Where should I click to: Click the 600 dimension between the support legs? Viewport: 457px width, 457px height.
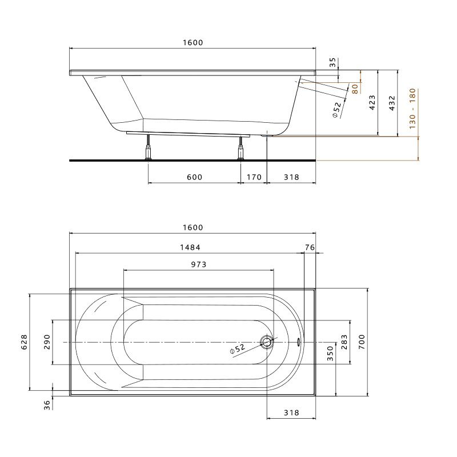(x=194, y=177)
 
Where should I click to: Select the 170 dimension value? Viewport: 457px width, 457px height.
(x=254, y=177)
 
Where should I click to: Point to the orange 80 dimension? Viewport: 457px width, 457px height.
(x=355, y=89)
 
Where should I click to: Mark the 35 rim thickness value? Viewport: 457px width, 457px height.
(x=333, y=62)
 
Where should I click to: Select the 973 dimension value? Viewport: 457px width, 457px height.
(x=198, y=264)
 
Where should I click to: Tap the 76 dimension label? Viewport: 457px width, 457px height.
(x=310, y=247)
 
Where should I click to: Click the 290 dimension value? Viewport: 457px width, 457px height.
(x=47, y=342)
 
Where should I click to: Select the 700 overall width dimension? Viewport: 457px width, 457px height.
(x=362, y=342)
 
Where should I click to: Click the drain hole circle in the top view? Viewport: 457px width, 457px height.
(x=267, y=342)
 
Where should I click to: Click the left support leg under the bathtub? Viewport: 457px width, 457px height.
(x=149, y=147)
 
